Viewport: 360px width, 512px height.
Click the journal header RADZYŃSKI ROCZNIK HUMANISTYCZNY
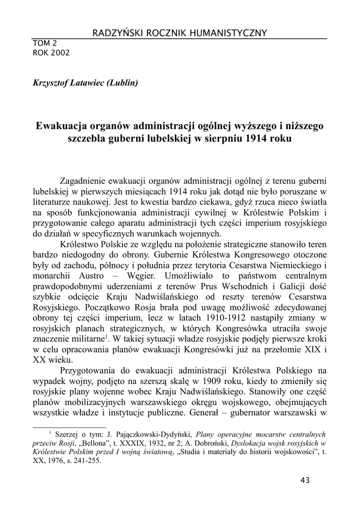coord(179,33)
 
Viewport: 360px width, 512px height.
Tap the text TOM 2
coord(44,43)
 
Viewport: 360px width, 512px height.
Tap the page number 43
coord(305,480)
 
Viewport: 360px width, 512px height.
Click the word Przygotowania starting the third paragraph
coord(91,370)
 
